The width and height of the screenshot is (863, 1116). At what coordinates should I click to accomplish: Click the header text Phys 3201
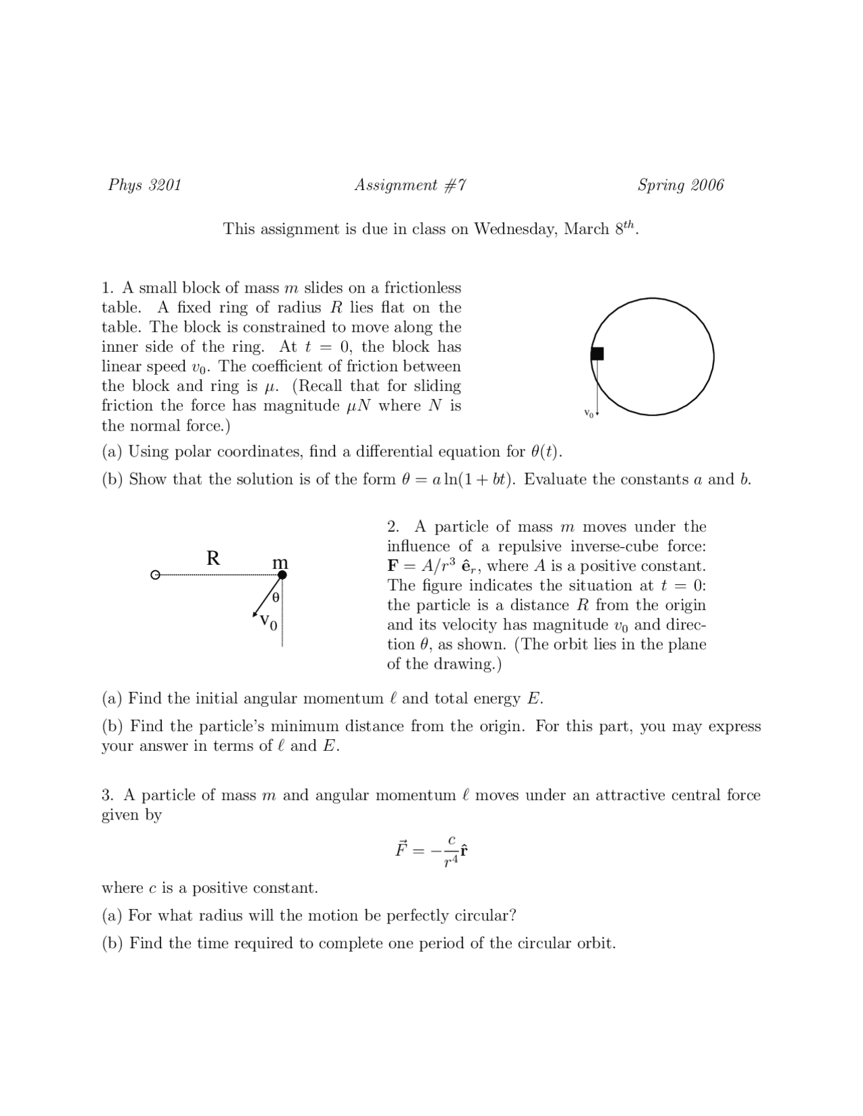tap(145, 185)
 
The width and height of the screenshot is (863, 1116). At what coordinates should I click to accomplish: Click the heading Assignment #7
tap(410, 185)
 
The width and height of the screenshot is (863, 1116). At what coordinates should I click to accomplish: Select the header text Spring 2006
tap(680, 185)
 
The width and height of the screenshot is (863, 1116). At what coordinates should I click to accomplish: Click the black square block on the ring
tap(597, 354)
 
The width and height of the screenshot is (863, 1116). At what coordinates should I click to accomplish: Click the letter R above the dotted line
tap(213, 558)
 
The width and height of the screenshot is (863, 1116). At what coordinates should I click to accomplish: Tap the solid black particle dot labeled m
tap(282, 575)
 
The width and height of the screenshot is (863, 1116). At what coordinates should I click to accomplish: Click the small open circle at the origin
tap(155, 576)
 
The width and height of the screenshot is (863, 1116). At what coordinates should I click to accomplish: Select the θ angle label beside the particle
tap(275, 598)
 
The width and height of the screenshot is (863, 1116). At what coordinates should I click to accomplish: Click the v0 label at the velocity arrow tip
tap(268, 621)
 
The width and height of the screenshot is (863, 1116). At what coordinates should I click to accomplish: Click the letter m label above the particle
tap(280, 561)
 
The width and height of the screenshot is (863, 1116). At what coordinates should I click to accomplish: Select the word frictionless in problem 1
tap(423, 288)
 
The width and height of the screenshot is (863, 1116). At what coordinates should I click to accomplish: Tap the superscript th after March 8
tap(629, 224)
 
